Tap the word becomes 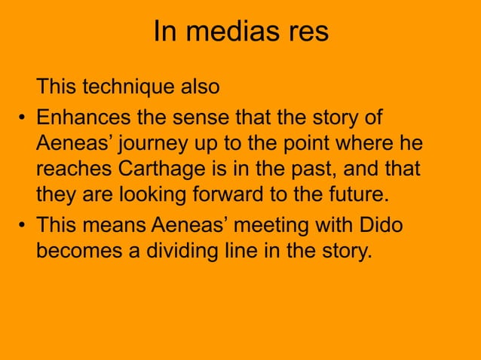tap(78, 250)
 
